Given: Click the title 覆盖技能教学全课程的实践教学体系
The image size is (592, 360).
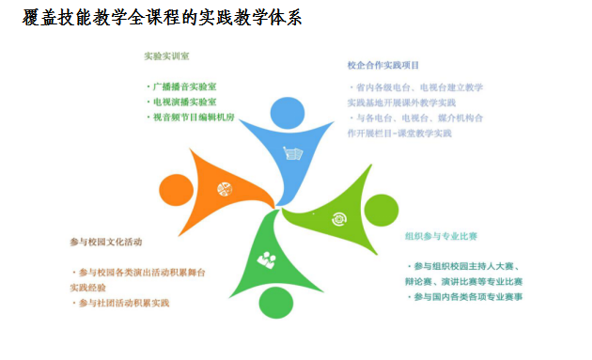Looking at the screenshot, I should (163, 19).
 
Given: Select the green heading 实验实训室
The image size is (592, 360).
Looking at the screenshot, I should (166, 55).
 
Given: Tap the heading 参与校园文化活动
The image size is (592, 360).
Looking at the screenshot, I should (105, 242).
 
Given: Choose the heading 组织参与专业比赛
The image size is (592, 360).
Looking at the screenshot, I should (441, 236).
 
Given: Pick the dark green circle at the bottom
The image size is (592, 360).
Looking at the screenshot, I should (274, 301).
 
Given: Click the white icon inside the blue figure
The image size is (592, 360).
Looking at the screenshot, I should (294, 153).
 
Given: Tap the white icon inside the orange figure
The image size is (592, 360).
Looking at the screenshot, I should (225, 189).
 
